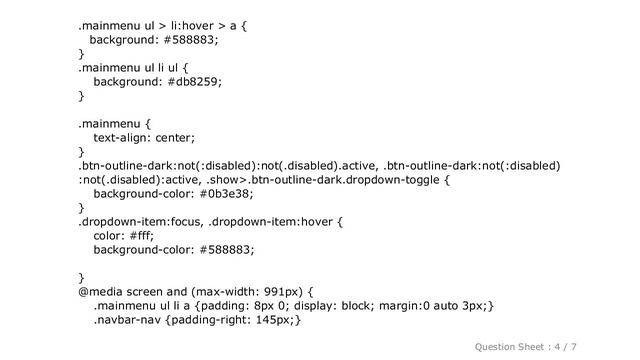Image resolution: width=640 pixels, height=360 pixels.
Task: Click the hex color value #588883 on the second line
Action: (188, 40)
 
